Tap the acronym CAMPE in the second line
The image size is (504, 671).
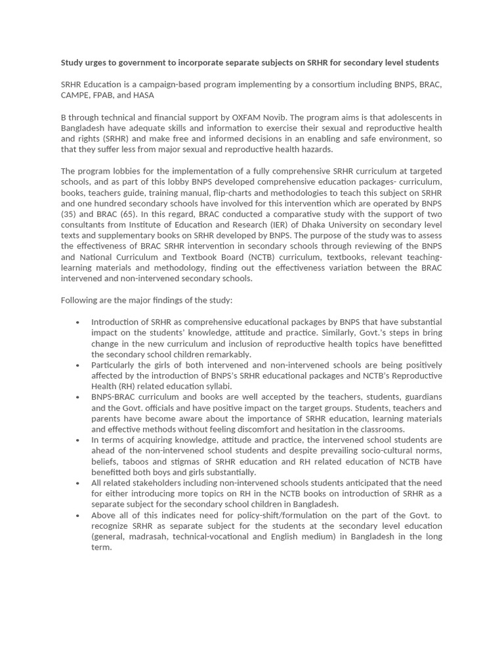(77, 96)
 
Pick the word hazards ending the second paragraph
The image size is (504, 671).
(316, 149)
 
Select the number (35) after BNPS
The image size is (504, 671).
(70, 214)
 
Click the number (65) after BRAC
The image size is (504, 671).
(137, 214)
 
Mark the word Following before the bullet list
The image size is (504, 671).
(81, 300)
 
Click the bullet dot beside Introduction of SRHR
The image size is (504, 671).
(77, 322)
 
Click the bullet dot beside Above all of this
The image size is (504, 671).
(77, 516)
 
